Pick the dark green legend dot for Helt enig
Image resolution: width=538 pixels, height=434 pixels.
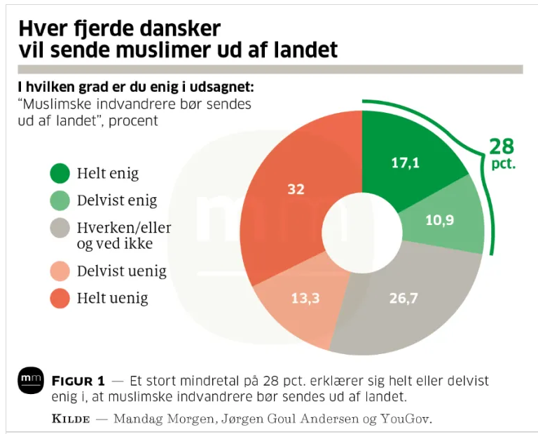click(60, 172)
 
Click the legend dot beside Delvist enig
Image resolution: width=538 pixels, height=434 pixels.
click(60, 201)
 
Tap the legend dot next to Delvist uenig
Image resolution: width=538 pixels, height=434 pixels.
click(60, 271)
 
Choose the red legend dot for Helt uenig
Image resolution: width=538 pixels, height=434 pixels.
click(60, 299)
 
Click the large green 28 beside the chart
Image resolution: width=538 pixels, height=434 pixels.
click(502, 147)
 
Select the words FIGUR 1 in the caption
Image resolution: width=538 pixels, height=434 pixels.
click(78, 381)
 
